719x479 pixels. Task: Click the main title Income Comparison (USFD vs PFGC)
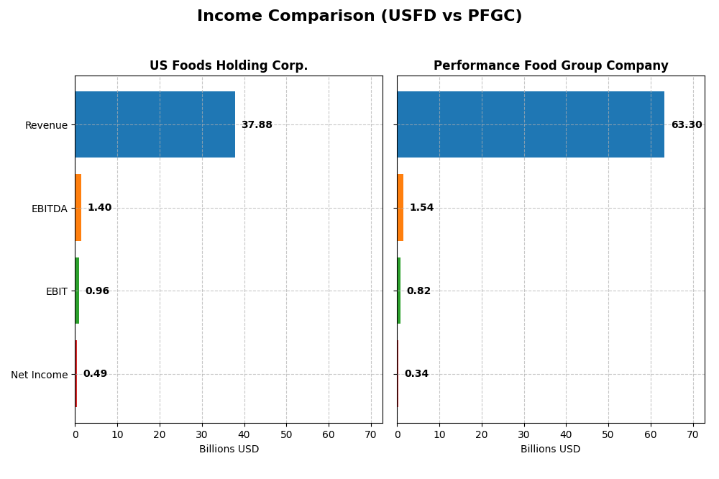[359, 16]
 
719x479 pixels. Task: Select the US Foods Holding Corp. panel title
[229, 65]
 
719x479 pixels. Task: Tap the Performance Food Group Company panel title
[551, 65]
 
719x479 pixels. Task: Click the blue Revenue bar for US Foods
[155, 124]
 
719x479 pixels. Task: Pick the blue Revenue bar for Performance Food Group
[531, 124]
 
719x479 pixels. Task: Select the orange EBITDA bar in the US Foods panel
[78, 208]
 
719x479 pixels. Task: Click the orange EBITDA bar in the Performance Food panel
[400, 208]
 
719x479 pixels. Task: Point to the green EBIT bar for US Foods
[77, 291]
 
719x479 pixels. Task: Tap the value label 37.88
[257, 125]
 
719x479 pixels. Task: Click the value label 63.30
[686, 125]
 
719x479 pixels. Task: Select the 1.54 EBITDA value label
[421, 208]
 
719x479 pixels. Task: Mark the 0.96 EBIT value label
[97, 291]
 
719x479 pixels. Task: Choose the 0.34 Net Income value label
[416, 374]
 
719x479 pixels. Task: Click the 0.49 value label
[95, 374]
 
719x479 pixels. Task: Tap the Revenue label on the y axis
[46, 125]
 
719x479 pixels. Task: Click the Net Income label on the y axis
[39, 375]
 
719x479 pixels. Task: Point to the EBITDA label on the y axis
[49, 209]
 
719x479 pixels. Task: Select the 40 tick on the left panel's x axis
[244, 434]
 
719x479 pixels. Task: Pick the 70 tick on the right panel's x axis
[693, 434]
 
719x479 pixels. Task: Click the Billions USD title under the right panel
[551, 450]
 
